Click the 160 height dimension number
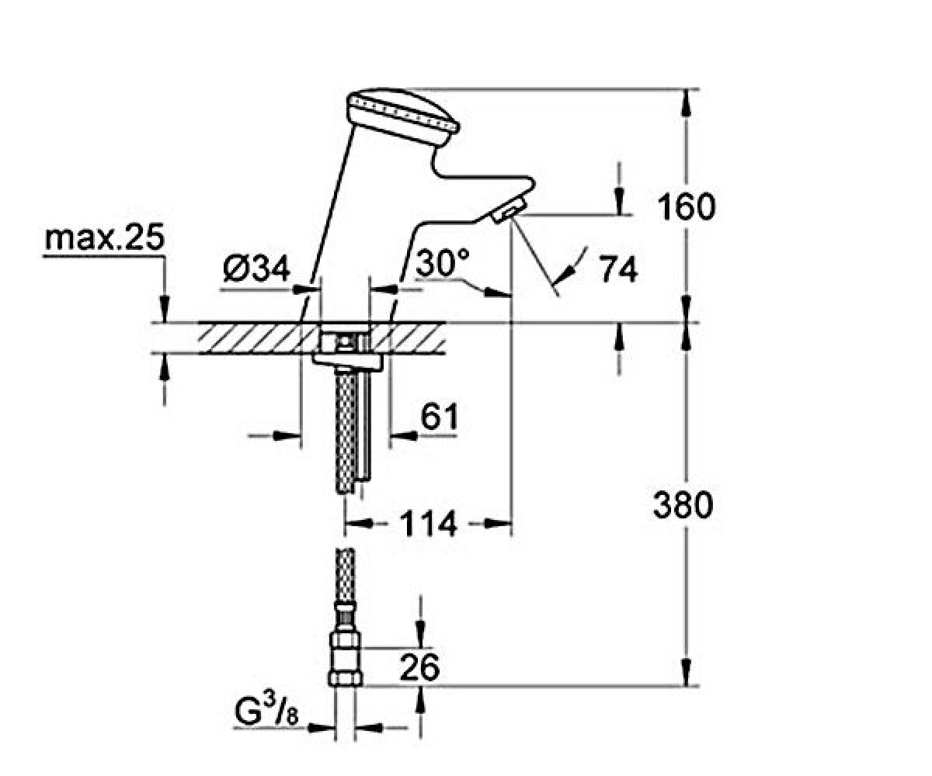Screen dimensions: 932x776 [x=686, y=206]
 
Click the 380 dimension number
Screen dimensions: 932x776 [x=683, y=504]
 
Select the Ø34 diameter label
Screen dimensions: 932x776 [x=256, y=268]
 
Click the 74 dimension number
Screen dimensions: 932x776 [x=618, y=268]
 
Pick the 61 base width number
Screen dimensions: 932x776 [x=440, y=416]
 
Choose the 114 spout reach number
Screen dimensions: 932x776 [x=429, y=524]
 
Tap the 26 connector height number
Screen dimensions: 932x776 [x=419, y=667]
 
